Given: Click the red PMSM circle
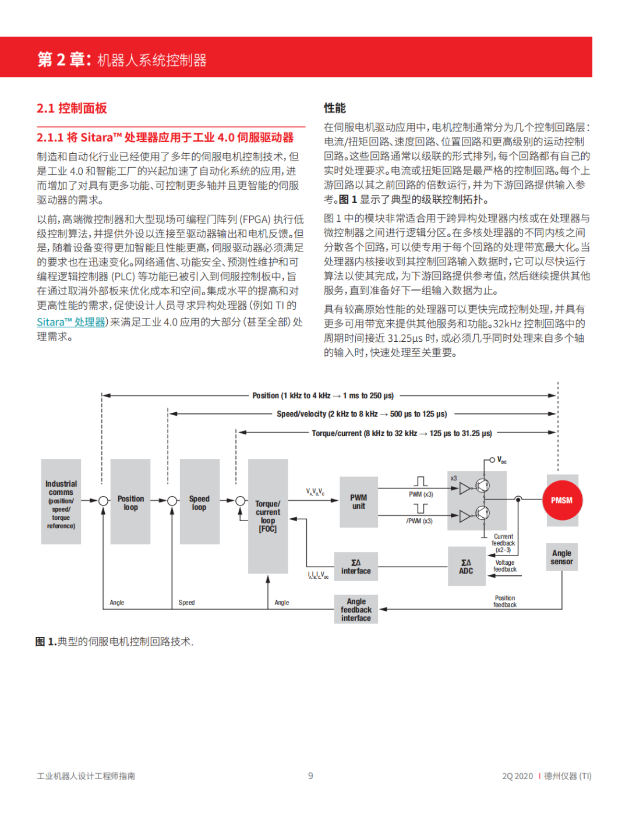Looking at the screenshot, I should pyautogui.click(x=561, y=500).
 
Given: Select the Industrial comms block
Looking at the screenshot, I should pyautogui.click(x=61, y=502).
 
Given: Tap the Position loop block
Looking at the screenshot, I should pyautogui.click(x=130, y=502).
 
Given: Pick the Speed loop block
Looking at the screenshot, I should pyautogui.click(x=199, y=502).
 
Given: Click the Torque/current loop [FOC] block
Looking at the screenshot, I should pyautogui.click(x=268, y=516).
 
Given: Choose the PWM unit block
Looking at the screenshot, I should pyautogui.click(x=359, y=502).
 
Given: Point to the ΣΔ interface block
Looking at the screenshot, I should pyautogui.click(x=356, y=567).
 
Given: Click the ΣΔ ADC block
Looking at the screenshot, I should pyautogui.click(x=466, y=567).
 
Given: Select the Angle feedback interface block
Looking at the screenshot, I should pyautogui.click(x=356, y=609).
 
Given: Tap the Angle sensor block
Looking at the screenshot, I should pyautogui.click(x=561, y=557).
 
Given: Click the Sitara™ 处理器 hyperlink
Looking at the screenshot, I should pyautogui.click(x=71, y=322).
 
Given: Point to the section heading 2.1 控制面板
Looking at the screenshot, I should pyautogui.click(x=72, y=108).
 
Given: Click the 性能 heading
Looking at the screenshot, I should pyautogui.click(x=335, y=108).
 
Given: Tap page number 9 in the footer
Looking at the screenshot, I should pyautogui.click(x=310, y=776).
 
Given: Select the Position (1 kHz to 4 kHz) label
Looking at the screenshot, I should pyautogui.click(x=323, y=396).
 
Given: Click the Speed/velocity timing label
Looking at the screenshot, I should pyautogui.click(x=362, y=414).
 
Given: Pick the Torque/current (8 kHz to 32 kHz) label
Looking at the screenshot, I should pyautogui.click(x=401, y=433).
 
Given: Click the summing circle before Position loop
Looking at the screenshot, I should pyautogui.click(x=103, y=501).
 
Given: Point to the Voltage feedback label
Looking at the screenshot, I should pyautogui.click(x=505, y=566).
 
